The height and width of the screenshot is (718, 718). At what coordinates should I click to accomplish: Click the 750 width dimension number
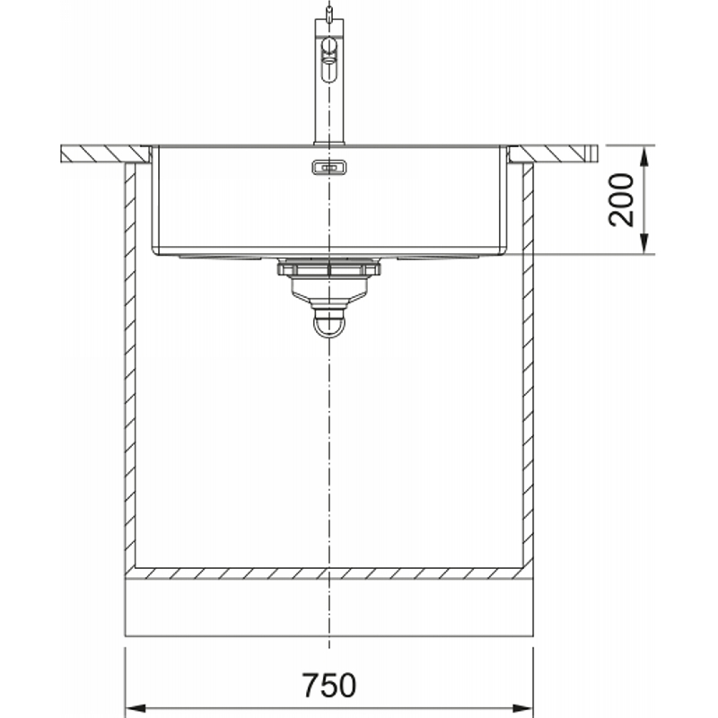pos(328,685)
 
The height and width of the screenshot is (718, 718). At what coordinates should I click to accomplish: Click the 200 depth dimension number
pos(621,199)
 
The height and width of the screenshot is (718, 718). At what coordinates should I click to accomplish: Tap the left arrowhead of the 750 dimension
pos(136,708)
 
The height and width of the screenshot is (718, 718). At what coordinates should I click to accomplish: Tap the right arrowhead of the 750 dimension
pos(523,708)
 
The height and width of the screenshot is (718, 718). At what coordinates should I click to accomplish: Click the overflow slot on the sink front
pos(328,168)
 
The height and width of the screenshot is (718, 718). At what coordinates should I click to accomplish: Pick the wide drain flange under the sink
pos(329,267)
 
